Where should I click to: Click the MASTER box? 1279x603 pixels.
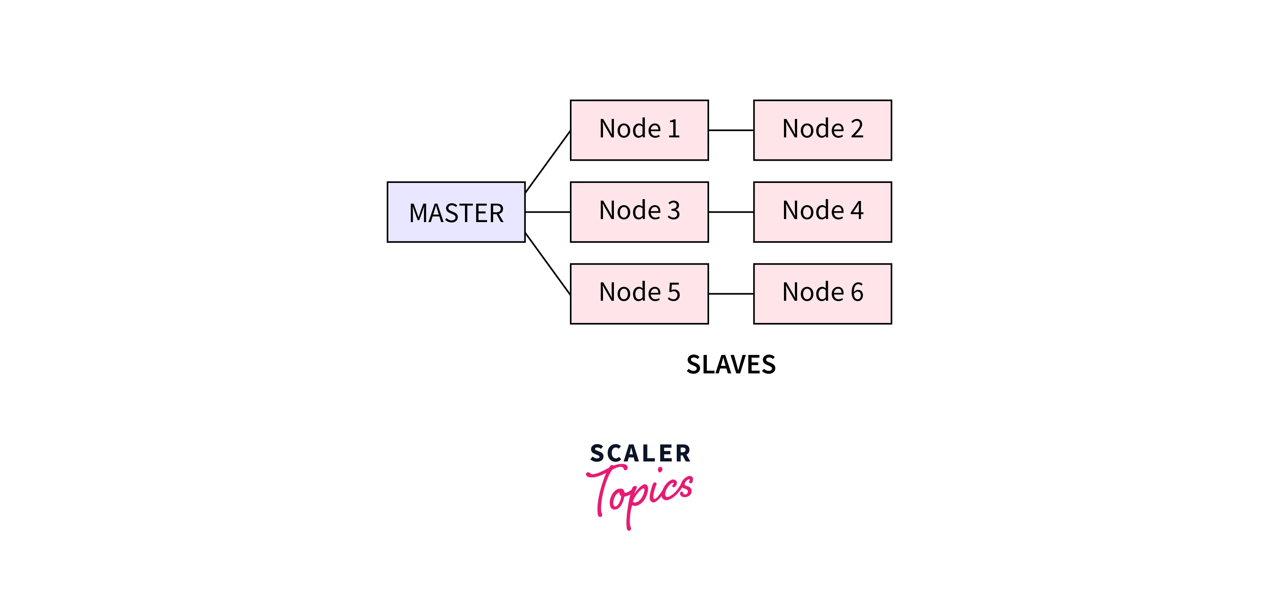click(x=456, y=212)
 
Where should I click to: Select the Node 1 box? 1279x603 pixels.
click(x=639, y=130)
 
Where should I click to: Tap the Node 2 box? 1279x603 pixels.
click(x=822, y=130)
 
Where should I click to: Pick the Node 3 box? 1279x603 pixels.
click(x=639, y=212)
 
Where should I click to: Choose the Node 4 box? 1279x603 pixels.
click(x=822, y=212)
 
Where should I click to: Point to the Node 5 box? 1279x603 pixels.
click(x=639, y=294)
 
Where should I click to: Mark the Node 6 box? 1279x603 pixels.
click(x=822, y=294)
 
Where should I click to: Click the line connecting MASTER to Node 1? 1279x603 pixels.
click(x=548, y=161)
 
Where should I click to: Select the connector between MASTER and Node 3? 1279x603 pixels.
click(x=548, y=212)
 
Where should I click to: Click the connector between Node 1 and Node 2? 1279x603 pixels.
click(x=731, y=130)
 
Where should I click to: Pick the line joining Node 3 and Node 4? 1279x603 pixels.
click(x=731, y=212)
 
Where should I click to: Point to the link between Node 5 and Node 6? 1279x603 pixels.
click(x=731, y=294)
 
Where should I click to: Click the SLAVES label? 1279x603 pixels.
click(x=731, y=365)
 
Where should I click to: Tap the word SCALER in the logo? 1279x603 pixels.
click(x=640, y=454)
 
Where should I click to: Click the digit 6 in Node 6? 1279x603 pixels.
click(x=857, y=292)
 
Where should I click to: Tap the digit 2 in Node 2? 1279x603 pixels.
click(x=857, y=129)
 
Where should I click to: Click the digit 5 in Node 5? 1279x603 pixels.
click(x=674, y=292)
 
